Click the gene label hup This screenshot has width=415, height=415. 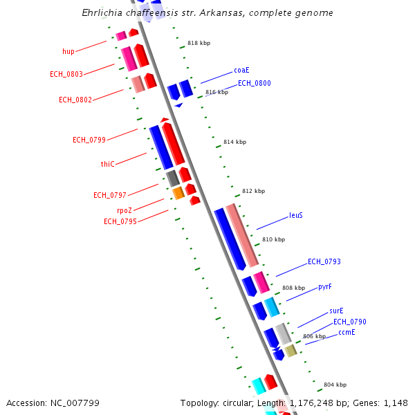tap(68, 51)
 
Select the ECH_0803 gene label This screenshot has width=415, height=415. tap(66, 74)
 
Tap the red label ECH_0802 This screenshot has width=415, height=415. tap(75, 100)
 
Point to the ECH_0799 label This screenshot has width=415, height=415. tap(89, 140)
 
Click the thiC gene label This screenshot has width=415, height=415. tap(107, 164)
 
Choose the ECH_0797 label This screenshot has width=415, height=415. tap(109, 195)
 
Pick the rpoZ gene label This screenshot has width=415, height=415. tap(124, 210)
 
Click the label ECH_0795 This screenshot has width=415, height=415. tap(120, 221)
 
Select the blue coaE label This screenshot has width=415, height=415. tap(241, 70)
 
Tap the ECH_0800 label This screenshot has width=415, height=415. tap(254, 83)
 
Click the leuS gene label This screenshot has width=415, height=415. tap(295, 215)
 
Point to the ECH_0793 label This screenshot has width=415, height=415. tap(324, 261)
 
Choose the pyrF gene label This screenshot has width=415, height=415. tap(324, 286)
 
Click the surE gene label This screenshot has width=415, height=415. tap(336, 311)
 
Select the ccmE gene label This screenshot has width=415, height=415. tap(347, 333)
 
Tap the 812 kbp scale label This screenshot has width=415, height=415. tap(253, 191)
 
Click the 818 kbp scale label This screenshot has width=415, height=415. tap(199, 43)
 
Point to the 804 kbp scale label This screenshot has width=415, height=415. tap(335, 385)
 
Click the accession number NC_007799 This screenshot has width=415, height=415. tap(76, 403)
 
